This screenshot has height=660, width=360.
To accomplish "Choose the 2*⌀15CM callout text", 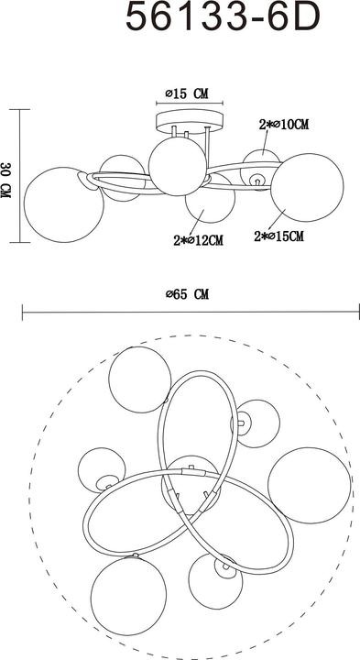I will [x=278, y=236].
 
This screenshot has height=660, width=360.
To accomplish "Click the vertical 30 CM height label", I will [x=7, y=175].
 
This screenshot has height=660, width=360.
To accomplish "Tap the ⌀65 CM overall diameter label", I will [x=188, y=294].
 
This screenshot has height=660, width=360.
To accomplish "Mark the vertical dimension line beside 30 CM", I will [x=20, y=175].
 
